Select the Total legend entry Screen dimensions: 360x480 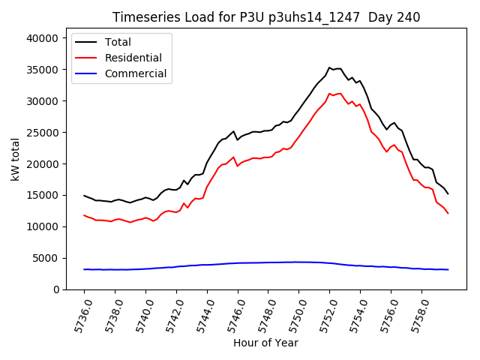click(x=118, y=42)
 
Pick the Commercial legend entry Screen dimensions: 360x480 click(x=135, y=73)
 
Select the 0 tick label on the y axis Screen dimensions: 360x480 click(x=57, y=289)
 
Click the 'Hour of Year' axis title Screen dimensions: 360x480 click(x=265, y=343)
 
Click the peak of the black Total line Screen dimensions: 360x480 click(x=329, y=67)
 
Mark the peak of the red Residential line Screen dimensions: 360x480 click(x=329, y=94)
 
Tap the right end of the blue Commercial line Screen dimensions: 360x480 click(x=448, y=269)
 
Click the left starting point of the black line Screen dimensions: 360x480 click(x=84, y=196)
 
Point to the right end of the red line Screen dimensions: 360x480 click(x=448, y=213)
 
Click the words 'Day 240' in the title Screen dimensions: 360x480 click(x=394, y=17)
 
